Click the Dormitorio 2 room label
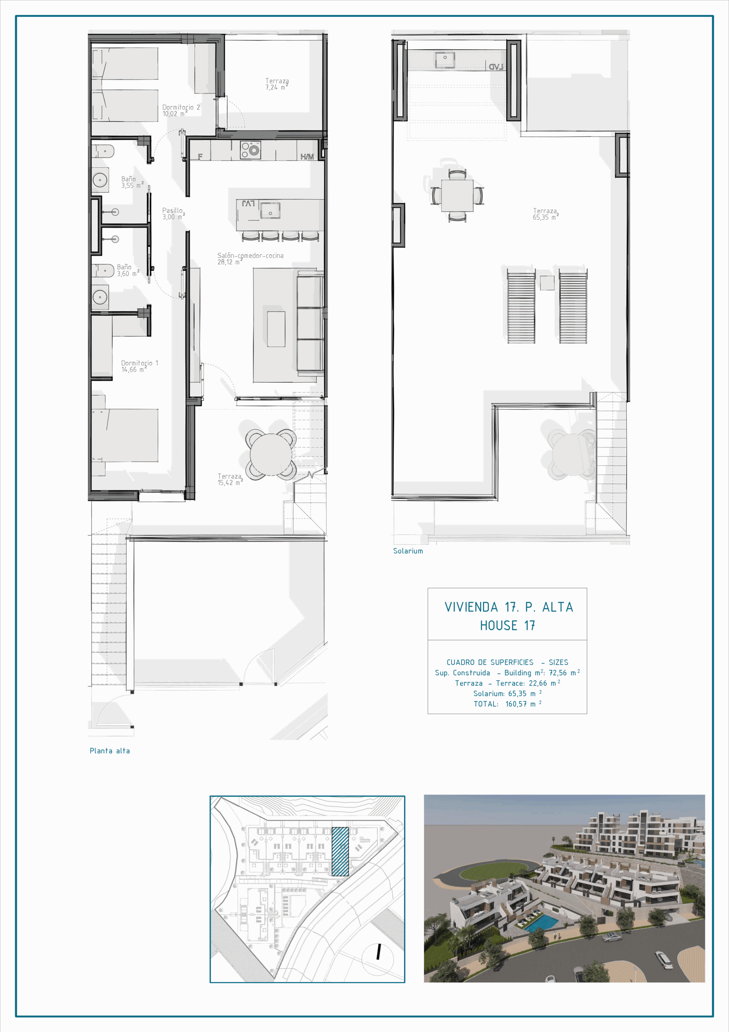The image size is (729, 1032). pos(181,110)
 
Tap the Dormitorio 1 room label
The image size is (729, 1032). pos(140,366)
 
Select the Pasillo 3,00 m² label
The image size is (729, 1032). pos(173,214)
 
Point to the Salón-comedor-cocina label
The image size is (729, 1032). pos(250,258)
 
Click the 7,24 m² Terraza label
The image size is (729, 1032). pos(277,84)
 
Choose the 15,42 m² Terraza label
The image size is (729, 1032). pos(230,479)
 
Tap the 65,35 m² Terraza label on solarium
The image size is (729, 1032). pos(546,214)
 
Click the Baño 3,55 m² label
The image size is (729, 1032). pos(132,182)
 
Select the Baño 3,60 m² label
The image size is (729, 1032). pos(128,270)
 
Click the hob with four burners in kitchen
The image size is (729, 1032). pos(250,150)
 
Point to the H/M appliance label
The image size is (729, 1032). pos(307,156)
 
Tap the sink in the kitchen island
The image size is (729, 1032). pos(270,210)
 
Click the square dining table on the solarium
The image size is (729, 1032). pos(457,196)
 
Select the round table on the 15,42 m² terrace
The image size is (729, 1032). pos(271,454)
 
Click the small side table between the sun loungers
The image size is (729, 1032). pos(547,283)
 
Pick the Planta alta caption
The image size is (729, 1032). pos(110,751)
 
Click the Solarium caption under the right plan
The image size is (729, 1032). pos(408,551)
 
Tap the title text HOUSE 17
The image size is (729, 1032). pos(507,625)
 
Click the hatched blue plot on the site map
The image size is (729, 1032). pos(340,851)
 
